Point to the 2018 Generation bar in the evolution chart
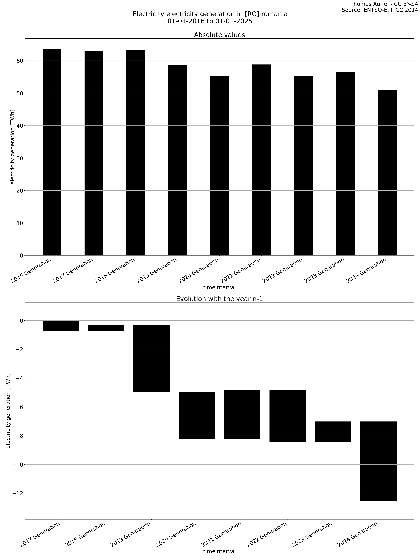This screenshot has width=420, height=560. (x=106, y=328)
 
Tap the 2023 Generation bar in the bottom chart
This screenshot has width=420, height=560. (x=333, y=432)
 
